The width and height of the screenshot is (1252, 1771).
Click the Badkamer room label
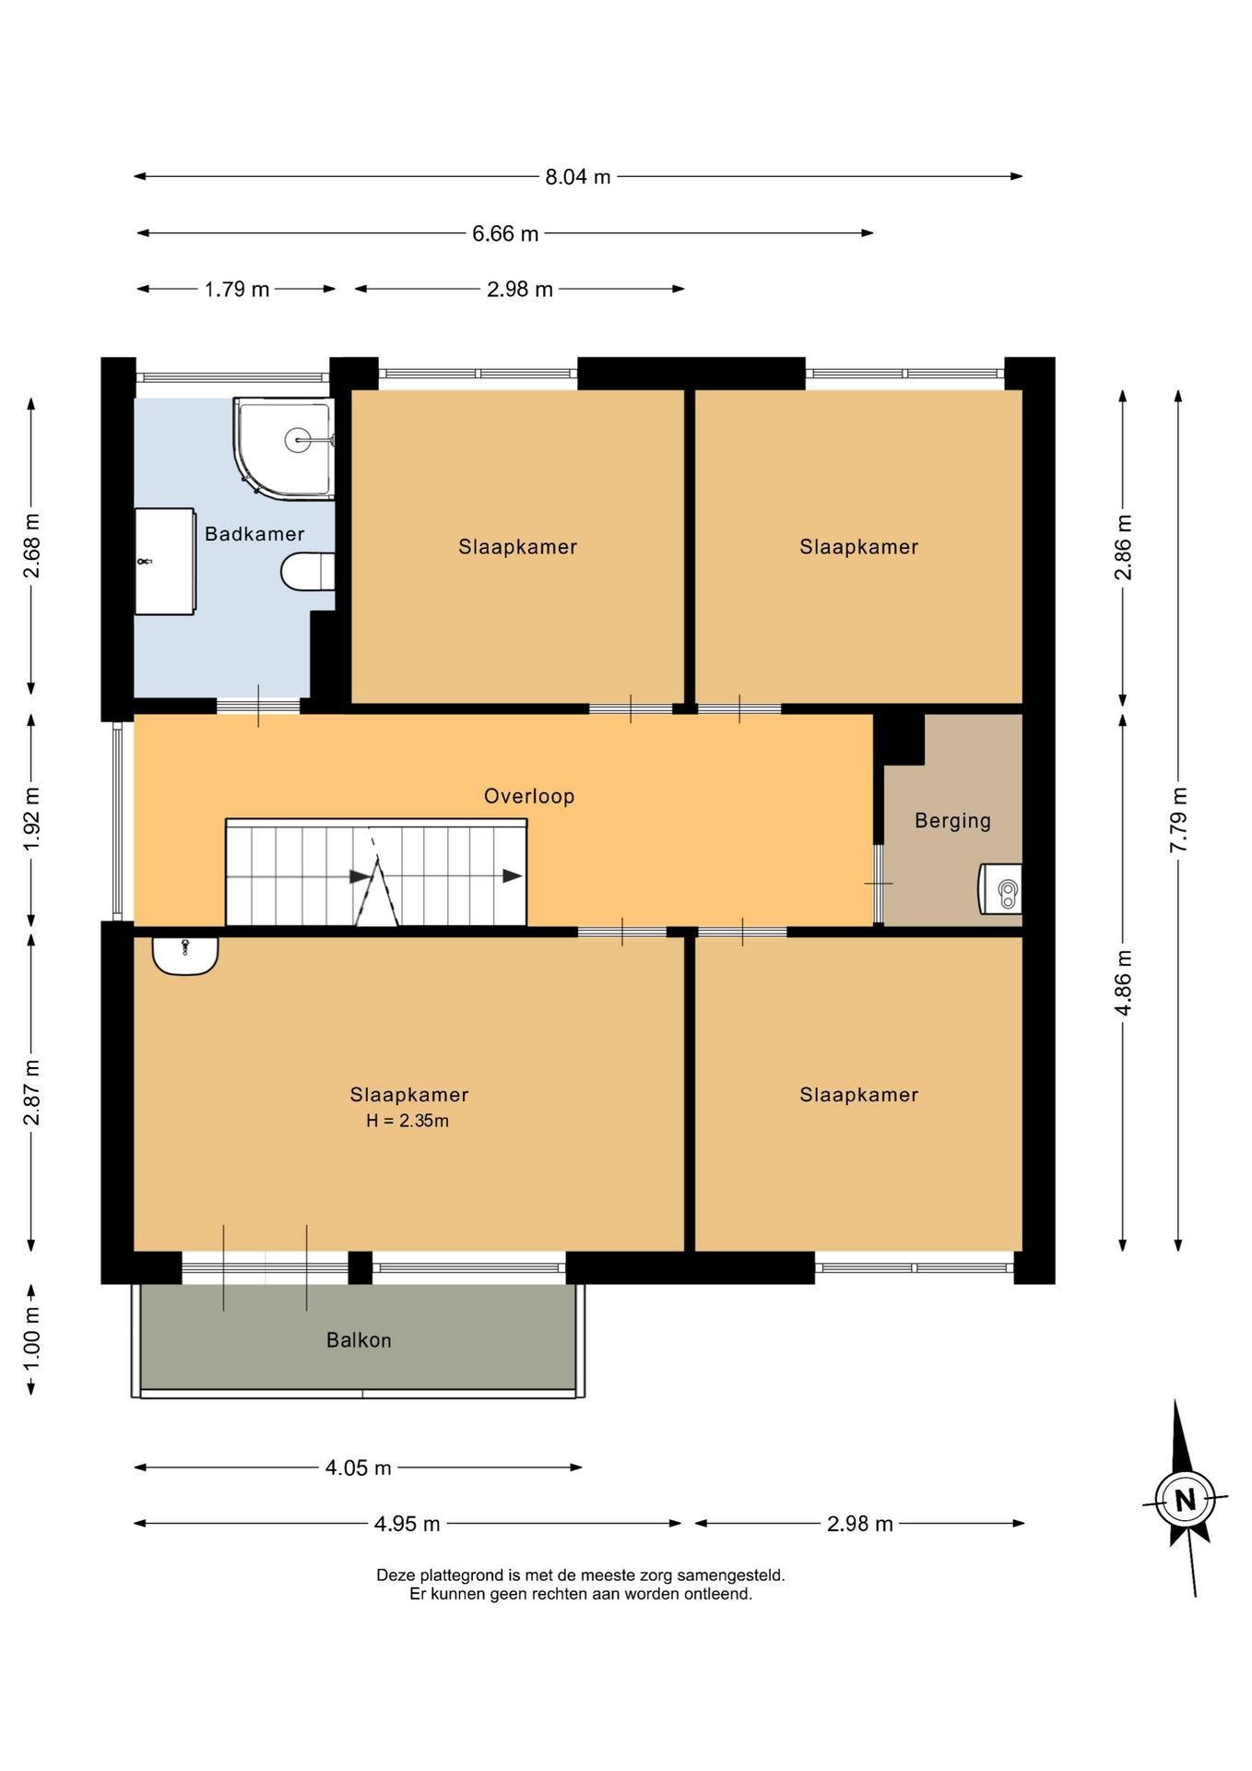click(x=254, y=534)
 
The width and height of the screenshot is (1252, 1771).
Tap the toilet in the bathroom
click(x=308, y=572)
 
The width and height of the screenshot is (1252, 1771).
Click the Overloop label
click(x=529, y=796)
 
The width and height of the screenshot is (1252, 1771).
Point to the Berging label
click(x=952, y=821)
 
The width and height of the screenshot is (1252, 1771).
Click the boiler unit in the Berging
click(x=1000, y=889)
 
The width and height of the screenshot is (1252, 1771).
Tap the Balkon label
click(x=359, y=1340)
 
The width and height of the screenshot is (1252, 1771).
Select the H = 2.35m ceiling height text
click(x=407, y=1121)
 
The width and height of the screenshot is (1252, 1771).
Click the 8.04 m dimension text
click(x=578, y=177)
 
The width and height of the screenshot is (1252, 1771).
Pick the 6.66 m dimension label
click(x=505, y=234)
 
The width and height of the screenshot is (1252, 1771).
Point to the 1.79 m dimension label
click(x=237, y=290)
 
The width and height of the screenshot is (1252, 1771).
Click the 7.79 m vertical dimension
click(x=1178, y=820)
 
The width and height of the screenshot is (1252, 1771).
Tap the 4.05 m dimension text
click(x=359, y=1468)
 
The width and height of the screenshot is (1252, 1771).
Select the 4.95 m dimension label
click(x=407, y=1524)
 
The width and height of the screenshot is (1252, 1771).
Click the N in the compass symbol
click(x=1186, y=1500)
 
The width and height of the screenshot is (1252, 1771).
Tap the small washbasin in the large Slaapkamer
click(x=185, y=956)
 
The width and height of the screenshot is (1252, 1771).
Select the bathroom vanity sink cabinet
click(x=165, y=561)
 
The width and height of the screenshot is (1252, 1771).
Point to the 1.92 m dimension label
click(x=31, y=820)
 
